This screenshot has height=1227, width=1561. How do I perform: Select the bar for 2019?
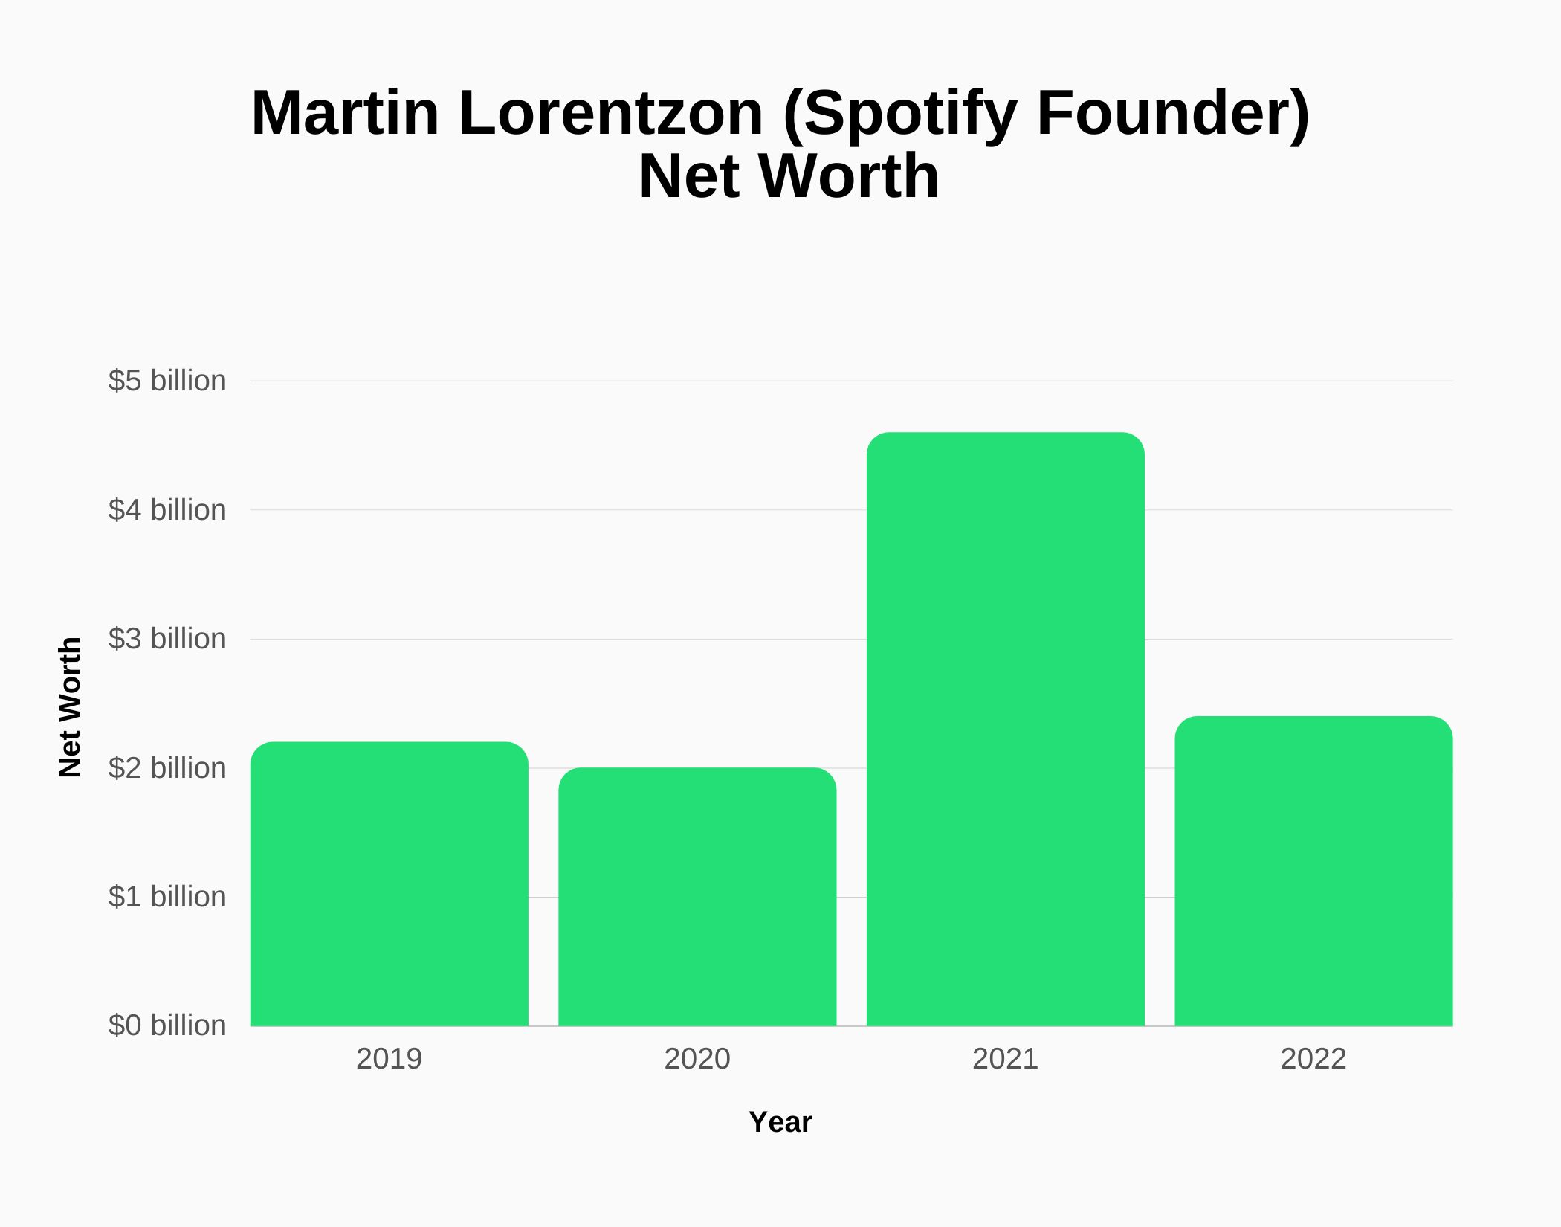point(389,885)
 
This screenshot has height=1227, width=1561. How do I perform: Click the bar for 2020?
point(697,898)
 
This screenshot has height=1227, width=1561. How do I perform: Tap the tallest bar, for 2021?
point(1005,730)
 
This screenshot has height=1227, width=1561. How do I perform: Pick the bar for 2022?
point(1313,872)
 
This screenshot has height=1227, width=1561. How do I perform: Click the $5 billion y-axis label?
point(167,381)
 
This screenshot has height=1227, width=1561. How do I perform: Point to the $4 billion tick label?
point(167,510)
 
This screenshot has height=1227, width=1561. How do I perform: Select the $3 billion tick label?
point(167,639)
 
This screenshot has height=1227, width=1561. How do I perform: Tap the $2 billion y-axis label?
point(167,768)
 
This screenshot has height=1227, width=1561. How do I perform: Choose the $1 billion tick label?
point(167,897)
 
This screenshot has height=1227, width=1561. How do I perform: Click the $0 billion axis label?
point(167,1025)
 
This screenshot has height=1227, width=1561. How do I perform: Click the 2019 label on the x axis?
point(389,1059)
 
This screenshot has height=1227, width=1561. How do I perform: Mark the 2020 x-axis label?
point(697,1059)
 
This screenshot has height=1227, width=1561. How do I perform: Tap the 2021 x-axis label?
point(1005,1059)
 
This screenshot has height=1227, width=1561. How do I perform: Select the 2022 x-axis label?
point(1313,1059)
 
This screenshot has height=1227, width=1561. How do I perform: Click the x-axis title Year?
point(780,1122)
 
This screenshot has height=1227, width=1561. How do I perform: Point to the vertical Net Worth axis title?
point(70,707)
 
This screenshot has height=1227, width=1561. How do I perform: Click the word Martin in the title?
point(345,113)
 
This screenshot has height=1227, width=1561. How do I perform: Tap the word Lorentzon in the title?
point(611,113)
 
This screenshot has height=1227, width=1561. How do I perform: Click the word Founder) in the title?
point(1172,113)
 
